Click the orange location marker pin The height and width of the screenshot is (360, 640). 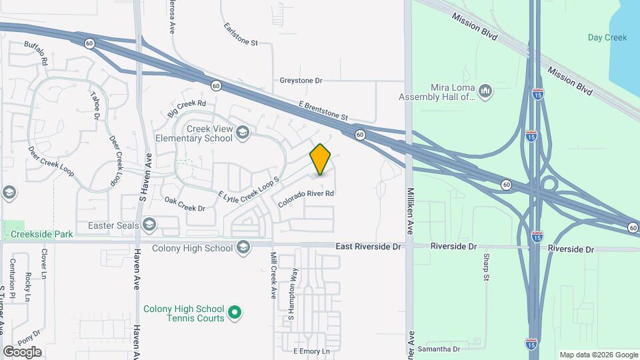[x=321, y=159]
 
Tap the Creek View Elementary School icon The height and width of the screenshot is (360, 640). [x=243, y=133]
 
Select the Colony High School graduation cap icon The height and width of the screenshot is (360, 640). [x=243, y=248]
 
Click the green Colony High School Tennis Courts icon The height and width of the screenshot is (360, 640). [x=234, y=311]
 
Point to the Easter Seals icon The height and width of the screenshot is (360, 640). [x=148, y=225]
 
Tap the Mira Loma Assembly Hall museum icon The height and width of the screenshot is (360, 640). [x=485, y=91]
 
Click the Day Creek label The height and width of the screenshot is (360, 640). [x=607, y=38]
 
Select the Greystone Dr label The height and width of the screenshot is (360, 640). [x=301, y=81]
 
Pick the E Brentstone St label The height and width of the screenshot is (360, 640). [x=323, y=111]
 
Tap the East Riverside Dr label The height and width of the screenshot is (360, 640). [x=368, y=247]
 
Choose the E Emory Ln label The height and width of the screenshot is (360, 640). [x=311, y=351]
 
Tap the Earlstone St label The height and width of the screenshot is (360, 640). [x=240, y=36]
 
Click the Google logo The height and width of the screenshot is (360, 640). [x=22, y=352]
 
